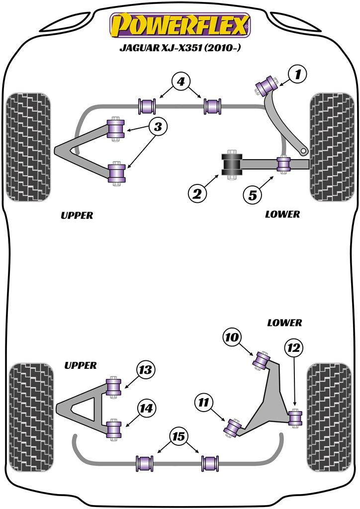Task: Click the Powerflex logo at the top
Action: pyautogui.click(x=180, y=25)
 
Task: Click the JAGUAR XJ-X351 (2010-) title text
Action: pyautogui.click(x=180, y=49)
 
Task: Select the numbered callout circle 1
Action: pyautogui.click(x=297, y=76)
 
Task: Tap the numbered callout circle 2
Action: pyautogui.click(x=197, y=194)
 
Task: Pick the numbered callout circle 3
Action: pyautogui.click(x=158, y=127)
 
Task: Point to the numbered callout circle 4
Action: pyautogui.click(x=180, y=81)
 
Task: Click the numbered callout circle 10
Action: pyautogui.click(x=232, y=339)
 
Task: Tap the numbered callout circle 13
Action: pyautogui.click(x=146, y=370)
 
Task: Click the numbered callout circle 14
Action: pyautogui.click(x=146, y=408)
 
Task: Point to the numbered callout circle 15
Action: pyautogui.click(x=179, y=436)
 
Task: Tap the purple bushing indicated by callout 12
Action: pyautogui.click(x=296, y=418)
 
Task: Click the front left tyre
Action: pyautogui.click(x=28, y=147)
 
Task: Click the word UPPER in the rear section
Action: pyautogui.click(x=80, y=365)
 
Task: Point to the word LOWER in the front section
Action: pyautogui.click(x=282, y=214)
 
